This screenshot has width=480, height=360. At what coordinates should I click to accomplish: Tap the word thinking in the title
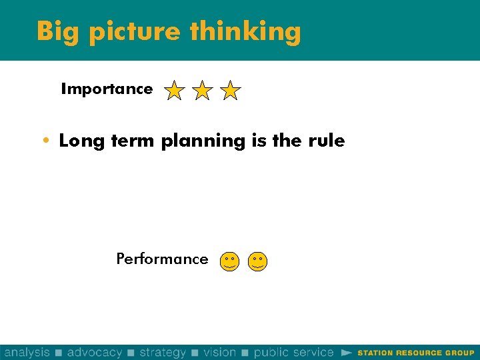point(245,32)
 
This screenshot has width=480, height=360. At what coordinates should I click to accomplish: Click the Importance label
point(107,89)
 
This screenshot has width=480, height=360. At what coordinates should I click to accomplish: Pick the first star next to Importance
point(174,90)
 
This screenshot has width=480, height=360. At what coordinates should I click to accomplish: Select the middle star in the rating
point(202,90)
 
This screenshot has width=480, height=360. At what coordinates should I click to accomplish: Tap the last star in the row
point(230,90)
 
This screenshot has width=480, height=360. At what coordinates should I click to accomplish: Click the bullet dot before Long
point(45,141)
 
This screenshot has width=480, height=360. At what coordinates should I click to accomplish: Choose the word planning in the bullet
point(203,141)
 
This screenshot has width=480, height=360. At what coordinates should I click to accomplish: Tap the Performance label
point(162,259)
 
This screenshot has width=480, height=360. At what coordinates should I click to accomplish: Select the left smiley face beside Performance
point(229,261)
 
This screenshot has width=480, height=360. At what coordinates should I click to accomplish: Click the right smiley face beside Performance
point(257,261)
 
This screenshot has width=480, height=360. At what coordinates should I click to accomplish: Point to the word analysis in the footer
point(27,352)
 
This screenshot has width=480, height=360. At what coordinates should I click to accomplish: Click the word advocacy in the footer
point(95,352)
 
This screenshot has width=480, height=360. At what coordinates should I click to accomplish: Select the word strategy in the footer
point(163,352)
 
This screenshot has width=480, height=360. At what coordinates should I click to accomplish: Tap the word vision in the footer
point(220,352)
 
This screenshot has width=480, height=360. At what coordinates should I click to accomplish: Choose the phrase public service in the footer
point(293,352)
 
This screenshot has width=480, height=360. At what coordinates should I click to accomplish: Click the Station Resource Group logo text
point(416,353)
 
